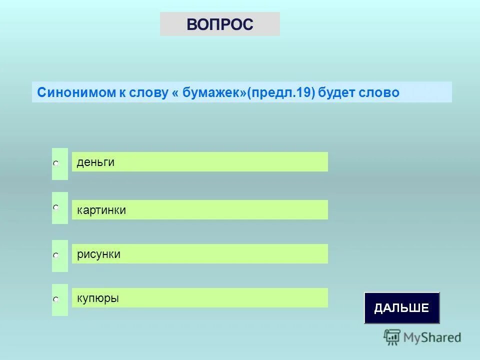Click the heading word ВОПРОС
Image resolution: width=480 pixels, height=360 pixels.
[220, 24]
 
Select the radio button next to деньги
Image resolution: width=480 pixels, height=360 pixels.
[56, 163]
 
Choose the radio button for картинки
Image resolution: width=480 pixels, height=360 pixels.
[56, 207]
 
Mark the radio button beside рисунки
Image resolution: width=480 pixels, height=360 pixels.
[56, 255]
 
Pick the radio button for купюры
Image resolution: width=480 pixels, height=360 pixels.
[56, 299]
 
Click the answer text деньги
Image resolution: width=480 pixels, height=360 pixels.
[95, 162]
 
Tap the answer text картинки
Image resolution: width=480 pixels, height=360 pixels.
[101, 210]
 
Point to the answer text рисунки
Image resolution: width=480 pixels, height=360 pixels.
[98, 254]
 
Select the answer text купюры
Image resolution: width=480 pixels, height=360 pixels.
[98, 298]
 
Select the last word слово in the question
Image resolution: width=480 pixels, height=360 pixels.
[380, 93]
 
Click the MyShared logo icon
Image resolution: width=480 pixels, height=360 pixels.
[392, 337]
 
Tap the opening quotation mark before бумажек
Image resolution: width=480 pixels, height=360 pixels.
[176, 93]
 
